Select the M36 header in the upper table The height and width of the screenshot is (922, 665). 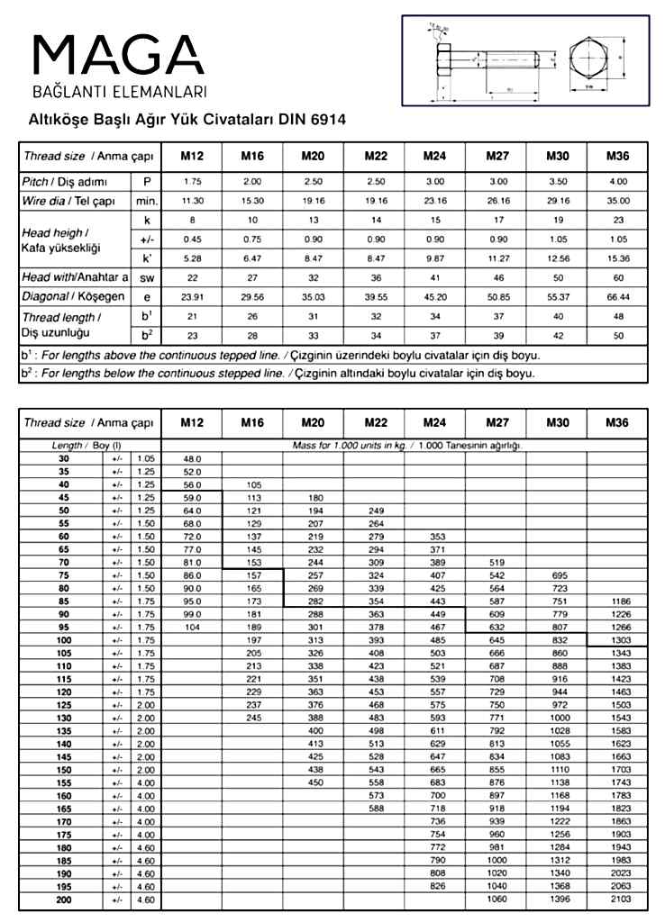[x=617, y=156]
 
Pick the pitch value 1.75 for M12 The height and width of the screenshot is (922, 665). [x=192, y=182]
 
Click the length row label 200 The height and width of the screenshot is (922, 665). [x=64, y=899]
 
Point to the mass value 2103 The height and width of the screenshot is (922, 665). [x=617, y=899]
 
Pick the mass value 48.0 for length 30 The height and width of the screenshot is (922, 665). [x=192, y=458]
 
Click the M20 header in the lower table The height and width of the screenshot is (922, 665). [x=312, y=422]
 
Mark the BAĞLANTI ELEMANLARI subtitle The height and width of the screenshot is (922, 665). [x=120, y=92]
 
